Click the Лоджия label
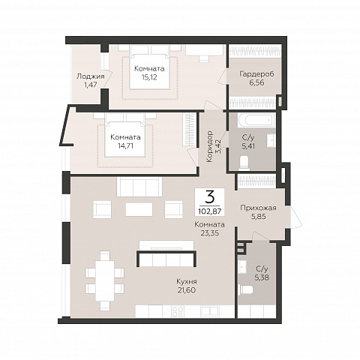(90, 76)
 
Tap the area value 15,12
(149, 77)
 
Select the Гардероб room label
(256, 74)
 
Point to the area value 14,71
(125, 145)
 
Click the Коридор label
(209, 146)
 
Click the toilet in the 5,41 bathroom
(244, 163)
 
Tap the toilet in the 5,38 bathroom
(245, 290)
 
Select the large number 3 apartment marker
(209, 197)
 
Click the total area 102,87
(209, 211)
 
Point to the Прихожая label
(258, 208)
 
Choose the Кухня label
(187, 281)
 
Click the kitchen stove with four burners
(178, 311)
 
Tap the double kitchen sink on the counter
(209, 311)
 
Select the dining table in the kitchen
(105, 280)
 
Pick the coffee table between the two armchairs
(139, 209)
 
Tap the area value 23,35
(209, 233)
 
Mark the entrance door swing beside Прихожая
(296, 217)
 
